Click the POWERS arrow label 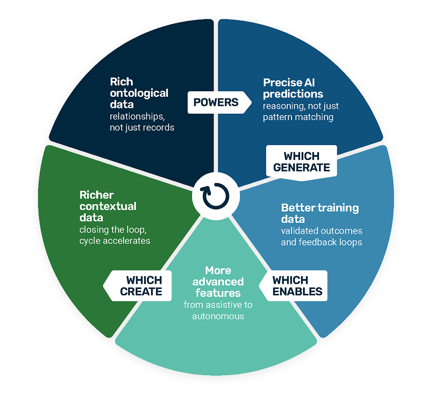[215, 102]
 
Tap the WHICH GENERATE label [302, 162]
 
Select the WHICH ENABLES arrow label [296, 286]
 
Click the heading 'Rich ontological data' [139, 93]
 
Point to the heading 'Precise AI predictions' [293, 88]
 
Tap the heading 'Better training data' [320, 213]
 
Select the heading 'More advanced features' [218, 282]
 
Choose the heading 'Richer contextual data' [108, 206]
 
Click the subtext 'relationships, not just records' [142, 121]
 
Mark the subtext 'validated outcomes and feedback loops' [322, 237]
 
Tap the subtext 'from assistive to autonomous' [218, 310]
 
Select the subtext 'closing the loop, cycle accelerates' [115, 235]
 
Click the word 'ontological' [139, 93]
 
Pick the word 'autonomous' [218, 316]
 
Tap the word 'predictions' [293, 94]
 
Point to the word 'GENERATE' [302, 168]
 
